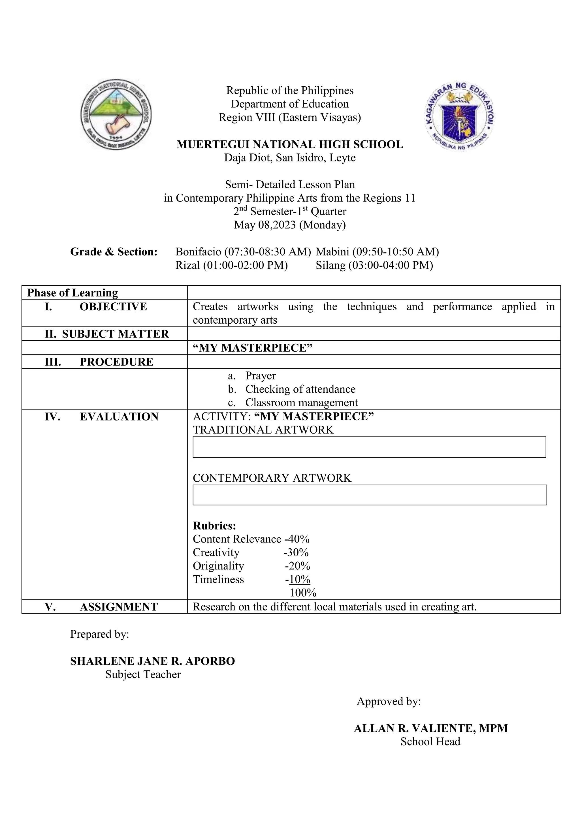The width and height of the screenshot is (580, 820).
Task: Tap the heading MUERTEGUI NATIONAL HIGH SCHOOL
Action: (x=290, y=144)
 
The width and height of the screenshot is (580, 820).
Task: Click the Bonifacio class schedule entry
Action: (x=243, y=252)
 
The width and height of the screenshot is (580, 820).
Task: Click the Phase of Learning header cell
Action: (x=72, y=293)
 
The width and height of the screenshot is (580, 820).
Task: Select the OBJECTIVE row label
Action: (x=113, y=307)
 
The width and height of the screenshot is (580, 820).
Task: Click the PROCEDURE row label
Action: (x=116, y=362)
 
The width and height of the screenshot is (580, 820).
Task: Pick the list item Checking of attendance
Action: (x=300, y=389)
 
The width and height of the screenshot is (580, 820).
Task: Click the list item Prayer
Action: (x=260, y=376)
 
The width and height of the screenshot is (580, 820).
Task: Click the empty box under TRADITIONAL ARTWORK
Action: (x=369, y=447)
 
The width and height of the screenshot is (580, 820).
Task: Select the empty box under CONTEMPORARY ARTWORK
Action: (x=369, y=495)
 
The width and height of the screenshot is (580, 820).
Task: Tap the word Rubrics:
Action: (x=214, y=526)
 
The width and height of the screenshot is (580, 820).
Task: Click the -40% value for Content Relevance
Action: (x=297, y=539)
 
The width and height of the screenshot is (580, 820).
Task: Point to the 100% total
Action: (x=302, y=593)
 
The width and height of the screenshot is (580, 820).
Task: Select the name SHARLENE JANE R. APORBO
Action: (x=152, y=661)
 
